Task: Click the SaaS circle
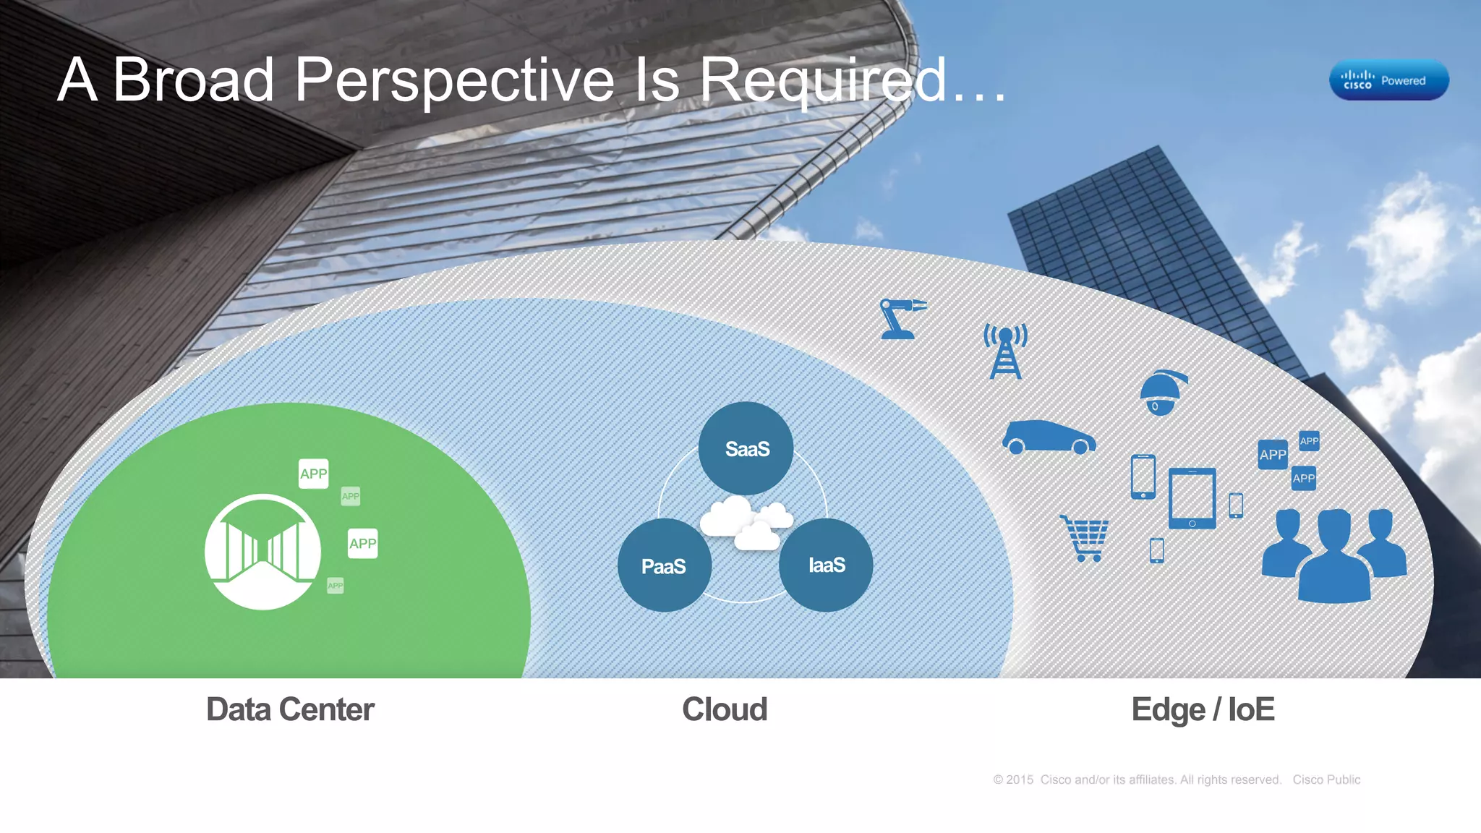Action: [746, 448]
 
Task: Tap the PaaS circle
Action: [664, 565]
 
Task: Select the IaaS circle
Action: [826, 565]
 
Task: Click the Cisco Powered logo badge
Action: [1388, 80]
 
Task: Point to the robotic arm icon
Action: [901, 319]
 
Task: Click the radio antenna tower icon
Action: [1005, 351]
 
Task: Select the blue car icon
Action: [1048, 437]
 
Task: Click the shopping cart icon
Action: [1085, 538]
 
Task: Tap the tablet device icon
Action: [1192, 498]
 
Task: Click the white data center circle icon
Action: [263, 552]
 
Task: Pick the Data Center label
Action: [290, 709]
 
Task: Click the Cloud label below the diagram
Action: [725, 709]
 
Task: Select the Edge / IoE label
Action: [1203, 709]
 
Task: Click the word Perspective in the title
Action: [454, 80]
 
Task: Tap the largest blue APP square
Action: [1273, 455]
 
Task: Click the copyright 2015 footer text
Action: [1136, 779]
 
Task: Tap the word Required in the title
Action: [822, 80]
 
